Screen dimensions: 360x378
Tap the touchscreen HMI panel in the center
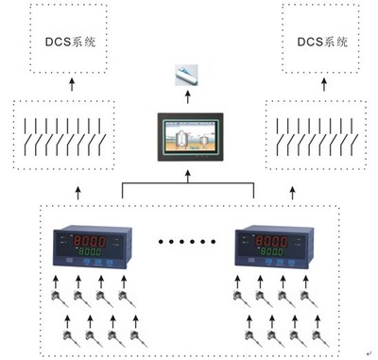pyautogui.click(x=189, y=139)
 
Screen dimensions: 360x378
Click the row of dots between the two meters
pyautogui.click(x=179, y=243)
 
